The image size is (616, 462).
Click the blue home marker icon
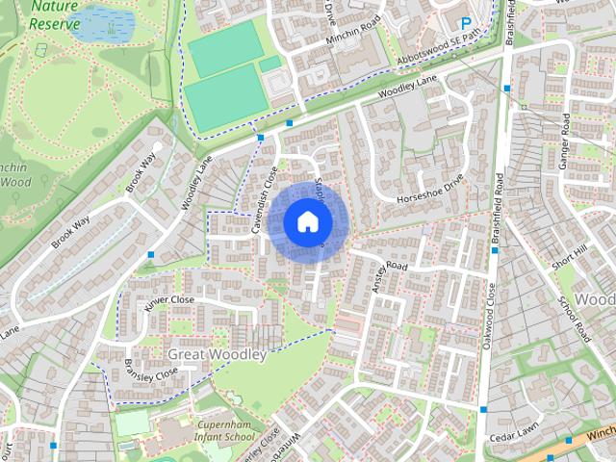(x=307, y=221)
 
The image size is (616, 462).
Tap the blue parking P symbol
(x=467, y=23)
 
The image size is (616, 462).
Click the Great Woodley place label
(x=218, y=355)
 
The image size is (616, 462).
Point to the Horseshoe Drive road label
(x=432, y=190)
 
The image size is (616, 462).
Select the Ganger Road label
(x=566, y=141)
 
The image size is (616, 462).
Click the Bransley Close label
(x=152, y=372)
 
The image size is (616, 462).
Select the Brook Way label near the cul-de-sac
(x=141, y=172)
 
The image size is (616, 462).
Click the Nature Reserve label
(x=54, y=14)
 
